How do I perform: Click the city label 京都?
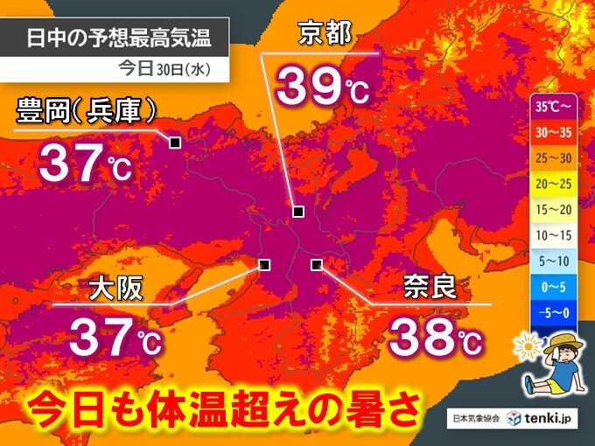click(325, 33)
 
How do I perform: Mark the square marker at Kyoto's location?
click(298, 212)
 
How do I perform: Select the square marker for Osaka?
click(264, 264)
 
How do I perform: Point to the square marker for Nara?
click(317, 264)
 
